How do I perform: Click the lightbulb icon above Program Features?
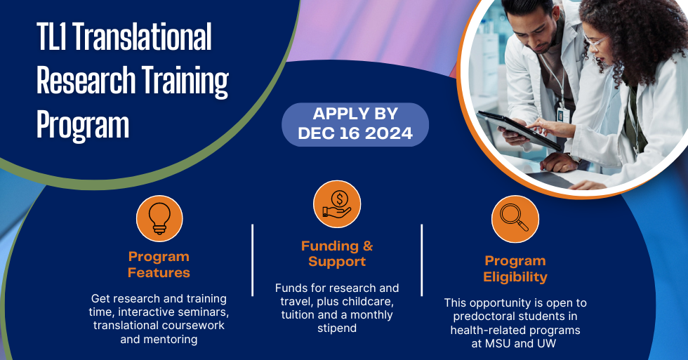point(159,218)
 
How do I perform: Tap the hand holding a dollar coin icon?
point(337,204)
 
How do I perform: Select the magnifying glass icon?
point(515,219)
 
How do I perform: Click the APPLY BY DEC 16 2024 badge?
point(355,124)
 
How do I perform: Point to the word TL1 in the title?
point(52,37)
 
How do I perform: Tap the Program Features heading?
point(159,265)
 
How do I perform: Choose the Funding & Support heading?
point(337,253)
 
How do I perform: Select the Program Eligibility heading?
point(515,269)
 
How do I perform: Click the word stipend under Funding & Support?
point(337,328)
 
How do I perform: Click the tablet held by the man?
point(519,130)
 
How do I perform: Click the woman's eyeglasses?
point(596,42)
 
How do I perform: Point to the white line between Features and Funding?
point(252,260)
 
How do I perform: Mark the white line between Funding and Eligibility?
point(422,260)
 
